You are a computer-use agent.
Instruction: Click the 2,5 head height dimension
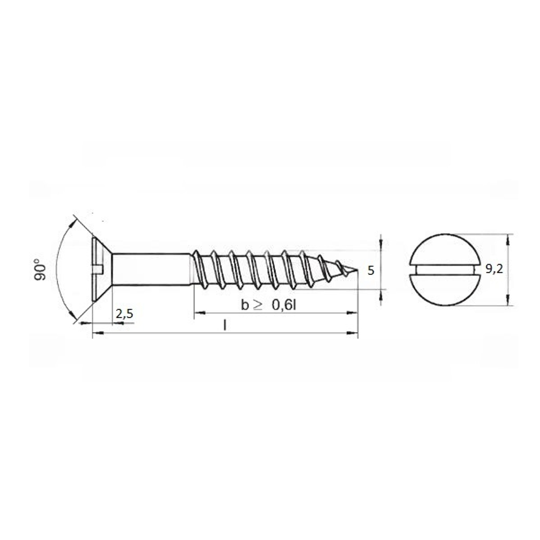[124, 314]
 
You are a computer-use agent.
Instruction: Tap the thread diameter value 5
[370, 271]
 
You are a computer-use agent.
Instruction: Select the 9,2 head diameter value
[494, 269]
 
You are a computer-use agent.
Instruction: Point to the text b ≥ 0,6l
[268, 305]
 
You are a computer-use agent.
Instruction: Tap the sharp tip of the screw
[358, 270]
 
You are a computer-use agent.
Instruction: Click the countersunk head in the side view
[102, 269]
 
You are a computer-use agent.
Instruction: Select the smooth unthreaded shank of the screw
[152, 269]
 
